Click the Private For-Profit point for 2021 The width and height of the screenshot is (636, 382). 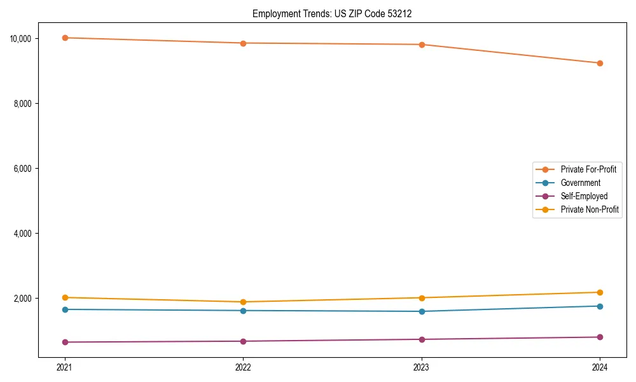[64, 38]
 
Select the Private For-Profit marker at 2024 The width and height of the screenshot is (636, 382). [600, 63]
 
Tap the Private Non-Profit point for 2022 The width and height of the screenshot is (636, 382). [243, 302]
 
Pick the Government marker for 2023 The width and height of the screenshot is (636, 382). [422, 311]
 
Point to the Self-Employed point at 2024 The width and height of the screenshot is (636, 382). [600, 337]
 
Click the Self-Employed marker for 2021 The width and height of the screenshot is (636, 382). [64, 342]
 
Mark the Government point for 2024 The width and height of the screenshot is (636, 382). [600, 306]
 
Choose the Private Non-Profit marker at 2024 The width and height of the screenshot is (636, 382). [600, 292]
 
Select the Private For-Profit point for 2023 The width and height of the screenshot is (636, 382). [422, 45]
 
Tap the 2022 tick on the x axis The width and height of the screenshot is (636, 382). [243, 367]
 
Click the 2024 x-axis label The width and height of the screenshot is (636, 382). [600, 367]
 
